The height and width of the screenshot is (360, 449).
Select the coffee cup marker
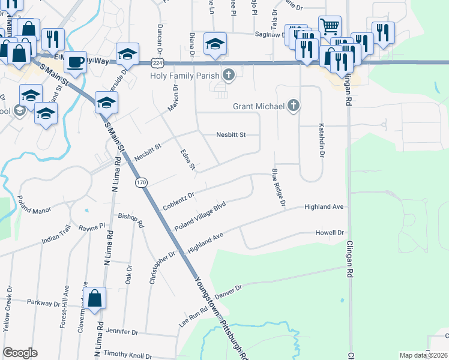pos(76,61)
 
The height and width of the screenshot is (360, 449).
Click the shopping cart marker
pos(329,26)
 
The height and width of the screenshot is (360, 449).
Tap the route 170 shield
pos(141,182)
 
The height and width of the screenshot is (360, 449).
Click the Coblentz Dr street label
pos(179,201)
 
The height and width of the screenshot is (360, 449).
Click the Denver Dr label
pos(227,292)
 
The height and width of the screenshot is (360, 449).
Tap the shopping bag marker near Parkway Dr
pos(95,298)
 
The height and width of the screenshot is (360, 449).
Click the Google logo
pos(20,353)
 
